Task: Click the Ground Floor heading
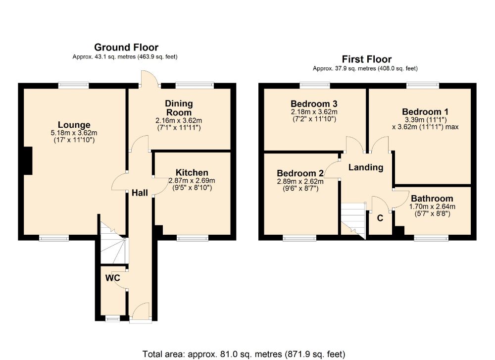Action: click(126, 48)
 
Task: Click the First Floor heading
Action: click(366, 59)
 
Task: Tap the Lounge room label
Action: click(74, 125)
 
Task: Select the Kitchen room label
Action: click(192, 173)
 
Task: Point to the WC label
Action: click(113, 278)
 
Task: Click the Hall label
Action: click(140, 193)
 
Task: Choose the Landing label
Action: click(366, 167)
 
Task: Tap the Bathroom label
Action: click(432, 199)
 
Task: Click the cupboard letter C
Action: click(380, 218)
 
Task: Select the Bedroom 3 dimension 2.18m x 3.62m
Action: click(314, 112)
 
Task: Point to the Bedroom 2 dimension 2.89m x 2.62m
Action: click(300, 182)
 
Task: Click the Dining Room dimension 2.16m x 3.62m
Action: click(179, 121)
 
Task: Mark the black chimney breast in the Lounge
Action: click(28, 161)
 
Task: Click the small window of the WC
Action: click(113, 319)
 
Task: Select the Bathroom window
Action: click(431, 238)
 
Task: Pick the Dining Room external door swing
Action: click(149, 78)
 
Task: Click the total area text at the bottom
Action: click(244, 355)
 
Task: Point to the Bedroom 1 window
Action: click(423, 85)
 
